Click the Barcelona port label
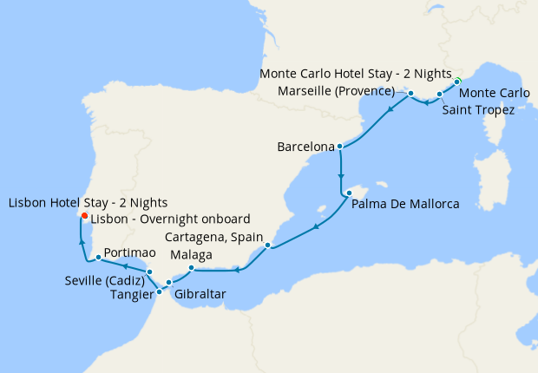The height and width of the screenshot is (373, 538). coord(305,147)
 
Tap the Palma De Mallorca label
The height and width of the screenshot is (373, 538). coord(404,205)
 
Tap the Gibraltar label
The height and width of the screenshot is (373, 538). coord(200,295)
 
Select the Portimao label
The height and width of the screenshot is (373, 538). coord(129,257)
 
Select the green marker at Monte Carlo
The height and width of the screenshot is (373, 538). coord(457,82)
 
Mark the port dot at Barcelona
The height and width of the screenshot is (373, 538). coord(340,147)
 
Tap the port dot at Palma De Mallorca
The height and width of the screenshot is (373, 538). coord(347,193)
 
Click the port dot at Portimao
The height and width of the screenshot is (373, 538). coord(98,257)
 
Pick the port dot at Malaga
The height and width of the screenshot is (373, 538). coord(191,267)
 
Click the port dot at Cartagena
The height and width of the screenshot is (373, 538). coord(269,245)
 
